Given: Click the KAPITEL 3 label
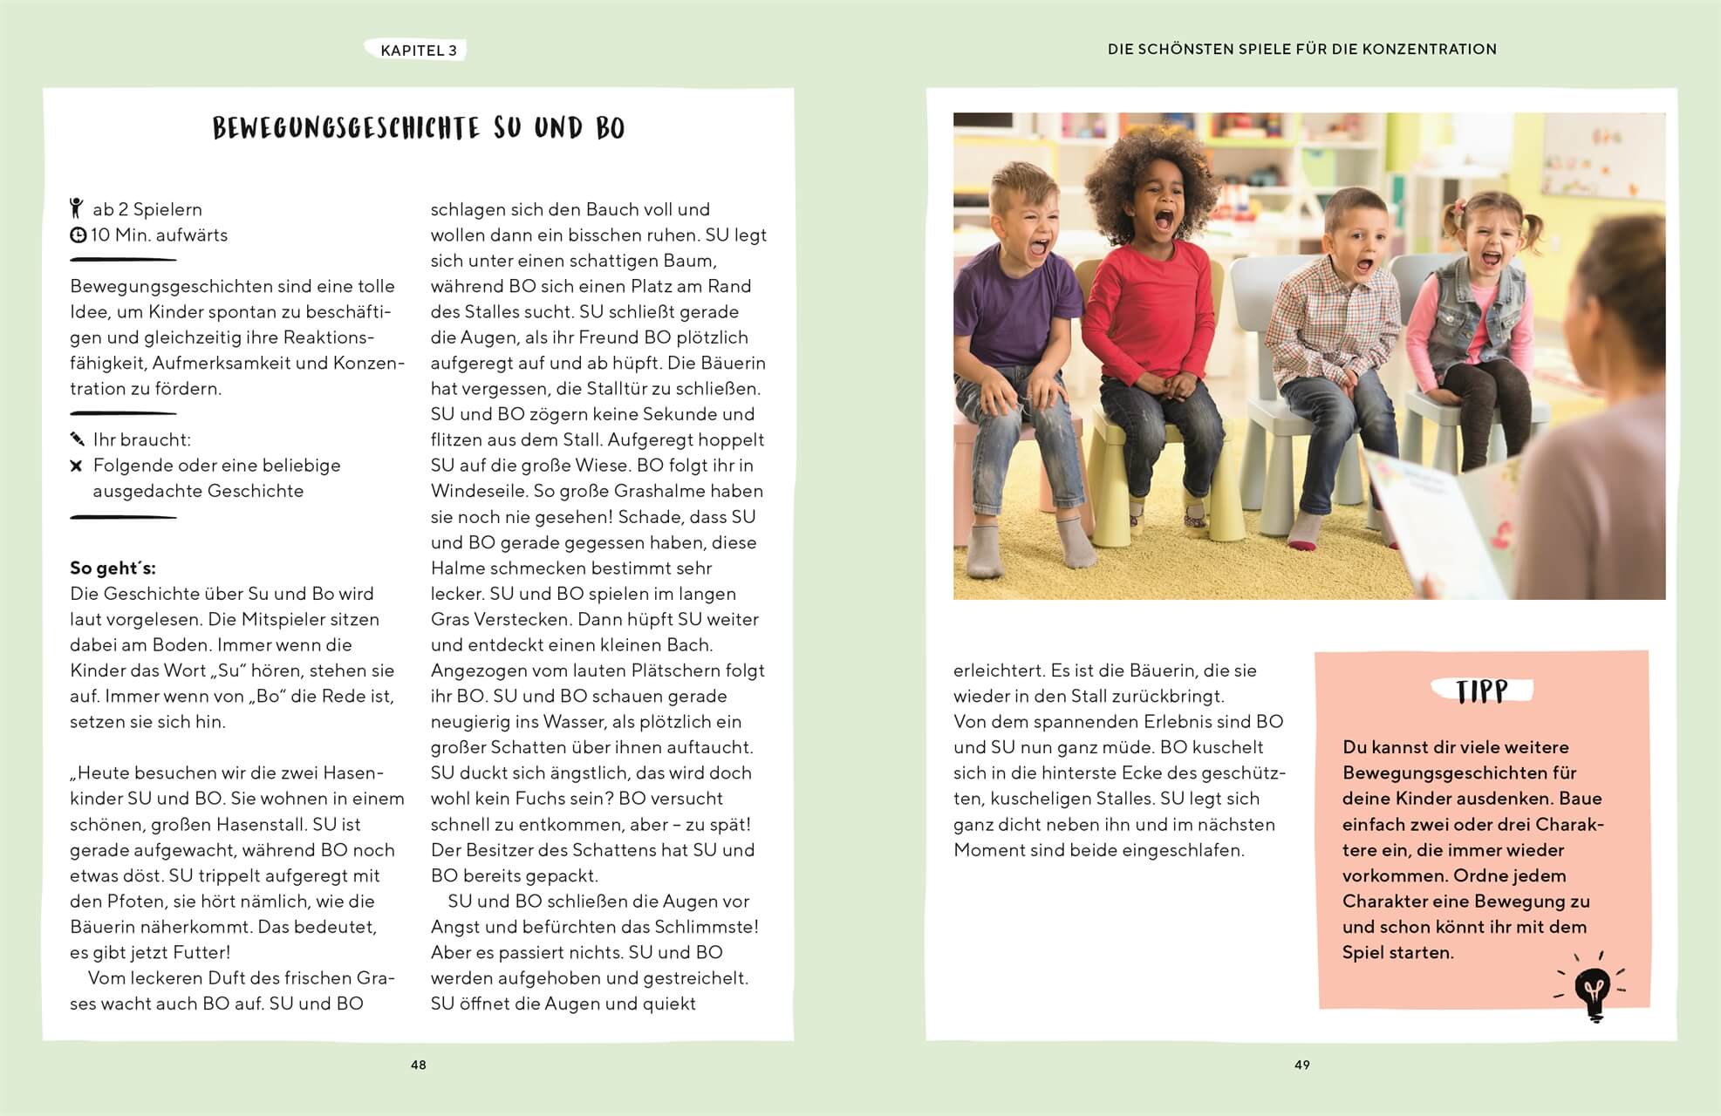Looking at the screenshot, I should [x=418, y=51].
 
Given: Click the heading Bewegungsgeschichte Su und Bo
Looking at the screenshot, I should [x=419, y=129].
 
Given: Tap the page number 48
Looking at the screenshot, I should [x=419, y=1065].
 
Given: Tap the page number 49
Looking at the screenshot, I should [x=1301, y=1065].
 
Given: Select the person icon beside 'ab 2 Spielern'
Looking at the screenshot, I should [x=77, y=208].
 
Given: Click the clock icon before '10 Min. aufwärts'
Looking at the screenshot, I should [x=78, y=235].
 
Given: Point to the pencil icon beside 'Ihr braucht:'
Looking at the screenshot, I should [x=78, y=439].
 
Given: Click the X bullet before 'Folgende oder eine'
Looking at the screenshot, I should [x=77, y=466].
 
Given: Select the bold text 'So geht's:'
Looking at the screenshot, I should [x=113, y=568].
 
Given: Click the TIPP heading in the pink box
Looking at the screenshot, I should [x=1481, y=692].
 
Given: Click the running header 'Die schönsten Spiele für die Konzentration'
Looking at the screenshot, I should [x=1301, y=50].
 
